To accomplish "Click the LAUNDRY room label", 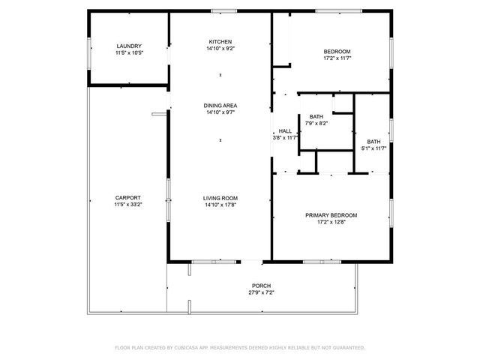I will coord(129,46).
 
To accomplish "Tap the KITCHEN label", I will coord(220,41).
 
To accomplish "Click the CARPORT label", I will coord(129,198).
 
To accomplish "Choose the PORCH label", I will coord(261,286).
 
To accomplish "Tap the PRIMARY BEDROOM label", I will coord(331,215).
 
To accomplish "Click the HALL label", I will coord(285,131).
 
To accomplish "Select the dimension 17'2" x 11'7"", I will coord(337,58).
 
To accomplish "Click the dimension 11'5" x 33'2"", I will coord(129,205).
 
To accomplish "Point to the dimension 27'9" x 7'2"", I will coord(261,293).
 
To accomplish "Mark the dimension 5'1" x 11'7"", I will coord(373,148).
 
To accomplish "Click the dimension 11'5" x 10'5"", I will coord(129,53).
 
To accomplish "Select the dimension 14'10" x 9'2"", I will coord(220,48).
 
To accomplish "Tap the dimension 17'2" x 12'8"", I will coord(331,222).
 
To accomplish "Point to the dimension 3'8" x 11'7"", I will coord(285,138).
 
